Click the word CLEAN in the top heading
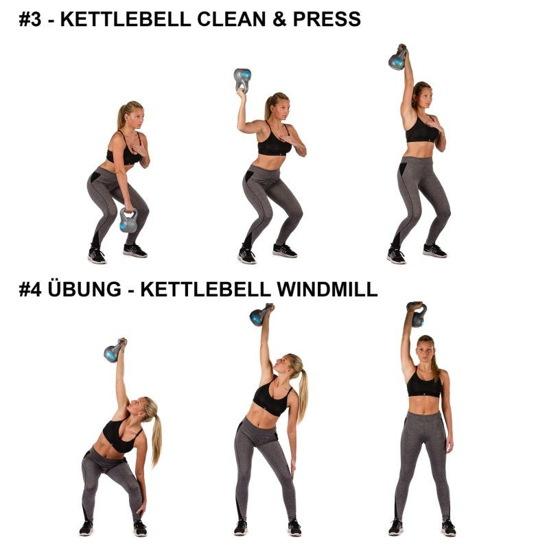coord(231,19)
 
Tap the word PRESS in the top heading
coord(327,19)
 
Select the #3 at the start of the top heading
coord(30,19)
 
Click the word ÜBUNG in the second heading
coord(84,288)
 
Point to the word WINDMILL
coord(327,289)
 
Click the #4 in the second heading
coord(30,289)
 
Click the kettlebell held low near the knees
coord(128,220)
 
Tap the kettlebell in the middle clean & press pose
coord(242,80)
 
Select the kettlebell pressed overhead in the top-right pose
coord(398,58)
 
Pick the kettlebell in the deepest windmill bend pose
coord(114,351)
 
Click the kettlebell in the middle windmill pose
coord(260,315)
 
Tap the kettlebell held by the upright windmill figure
coord(417,314)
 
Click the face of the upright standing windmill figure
coord(425,351)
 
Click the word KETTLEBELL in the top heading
coord(126,19)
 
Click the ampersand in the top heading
coord(279,19)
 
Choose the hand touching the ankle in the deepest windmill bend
coord(142,509)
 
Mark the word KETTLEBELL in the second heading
coord(205,289)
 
